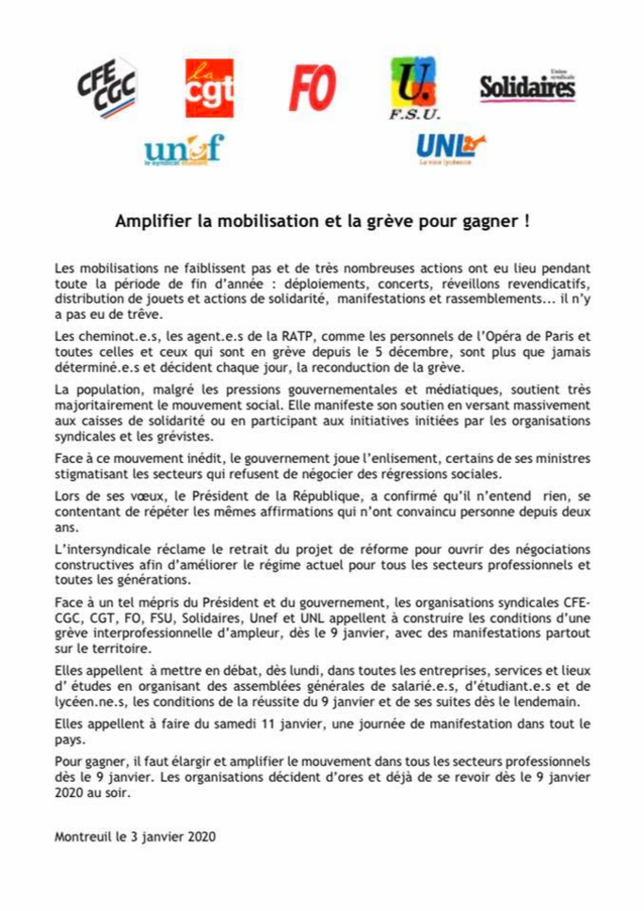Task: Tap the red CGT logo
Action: click(x=209, y=88)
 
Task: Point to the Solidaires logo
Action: click(x=527, y=87)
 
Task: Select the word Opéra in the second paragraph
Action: click(x=503, y=337)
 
